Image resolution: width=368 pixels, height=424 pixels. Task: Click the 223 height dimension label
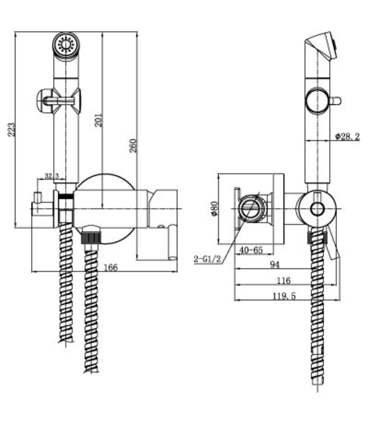pyautogui.click(x=11, y=129)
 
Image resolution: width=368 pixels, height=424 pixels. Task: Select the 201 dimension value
pyautogui.click(x=98, y=120)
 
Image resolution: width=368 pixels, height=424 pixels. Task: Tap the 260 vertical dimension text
pyautogui.click(x=133, y=146)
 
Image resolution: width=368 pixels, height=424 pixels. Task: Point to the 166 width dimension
pyautogui.click(x=110, y=267)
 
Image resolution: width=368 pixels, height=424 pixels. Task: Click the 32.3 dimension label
pyautogui.click(x=52, y=176)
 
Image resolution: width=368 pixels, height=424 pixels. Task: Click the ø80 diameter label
pyautogui.click(x=214, y=208)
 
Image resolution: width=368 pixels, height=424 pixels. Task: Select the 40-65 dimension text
pyautogui.click(x=251, y=250)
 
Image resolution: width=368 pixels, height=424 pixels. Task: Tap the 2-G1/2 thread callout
pyautogui.click(x=207, y=259)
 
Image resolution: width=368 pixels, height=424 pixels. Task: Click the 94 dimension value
pyautogui.click(x=274, y=264)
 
